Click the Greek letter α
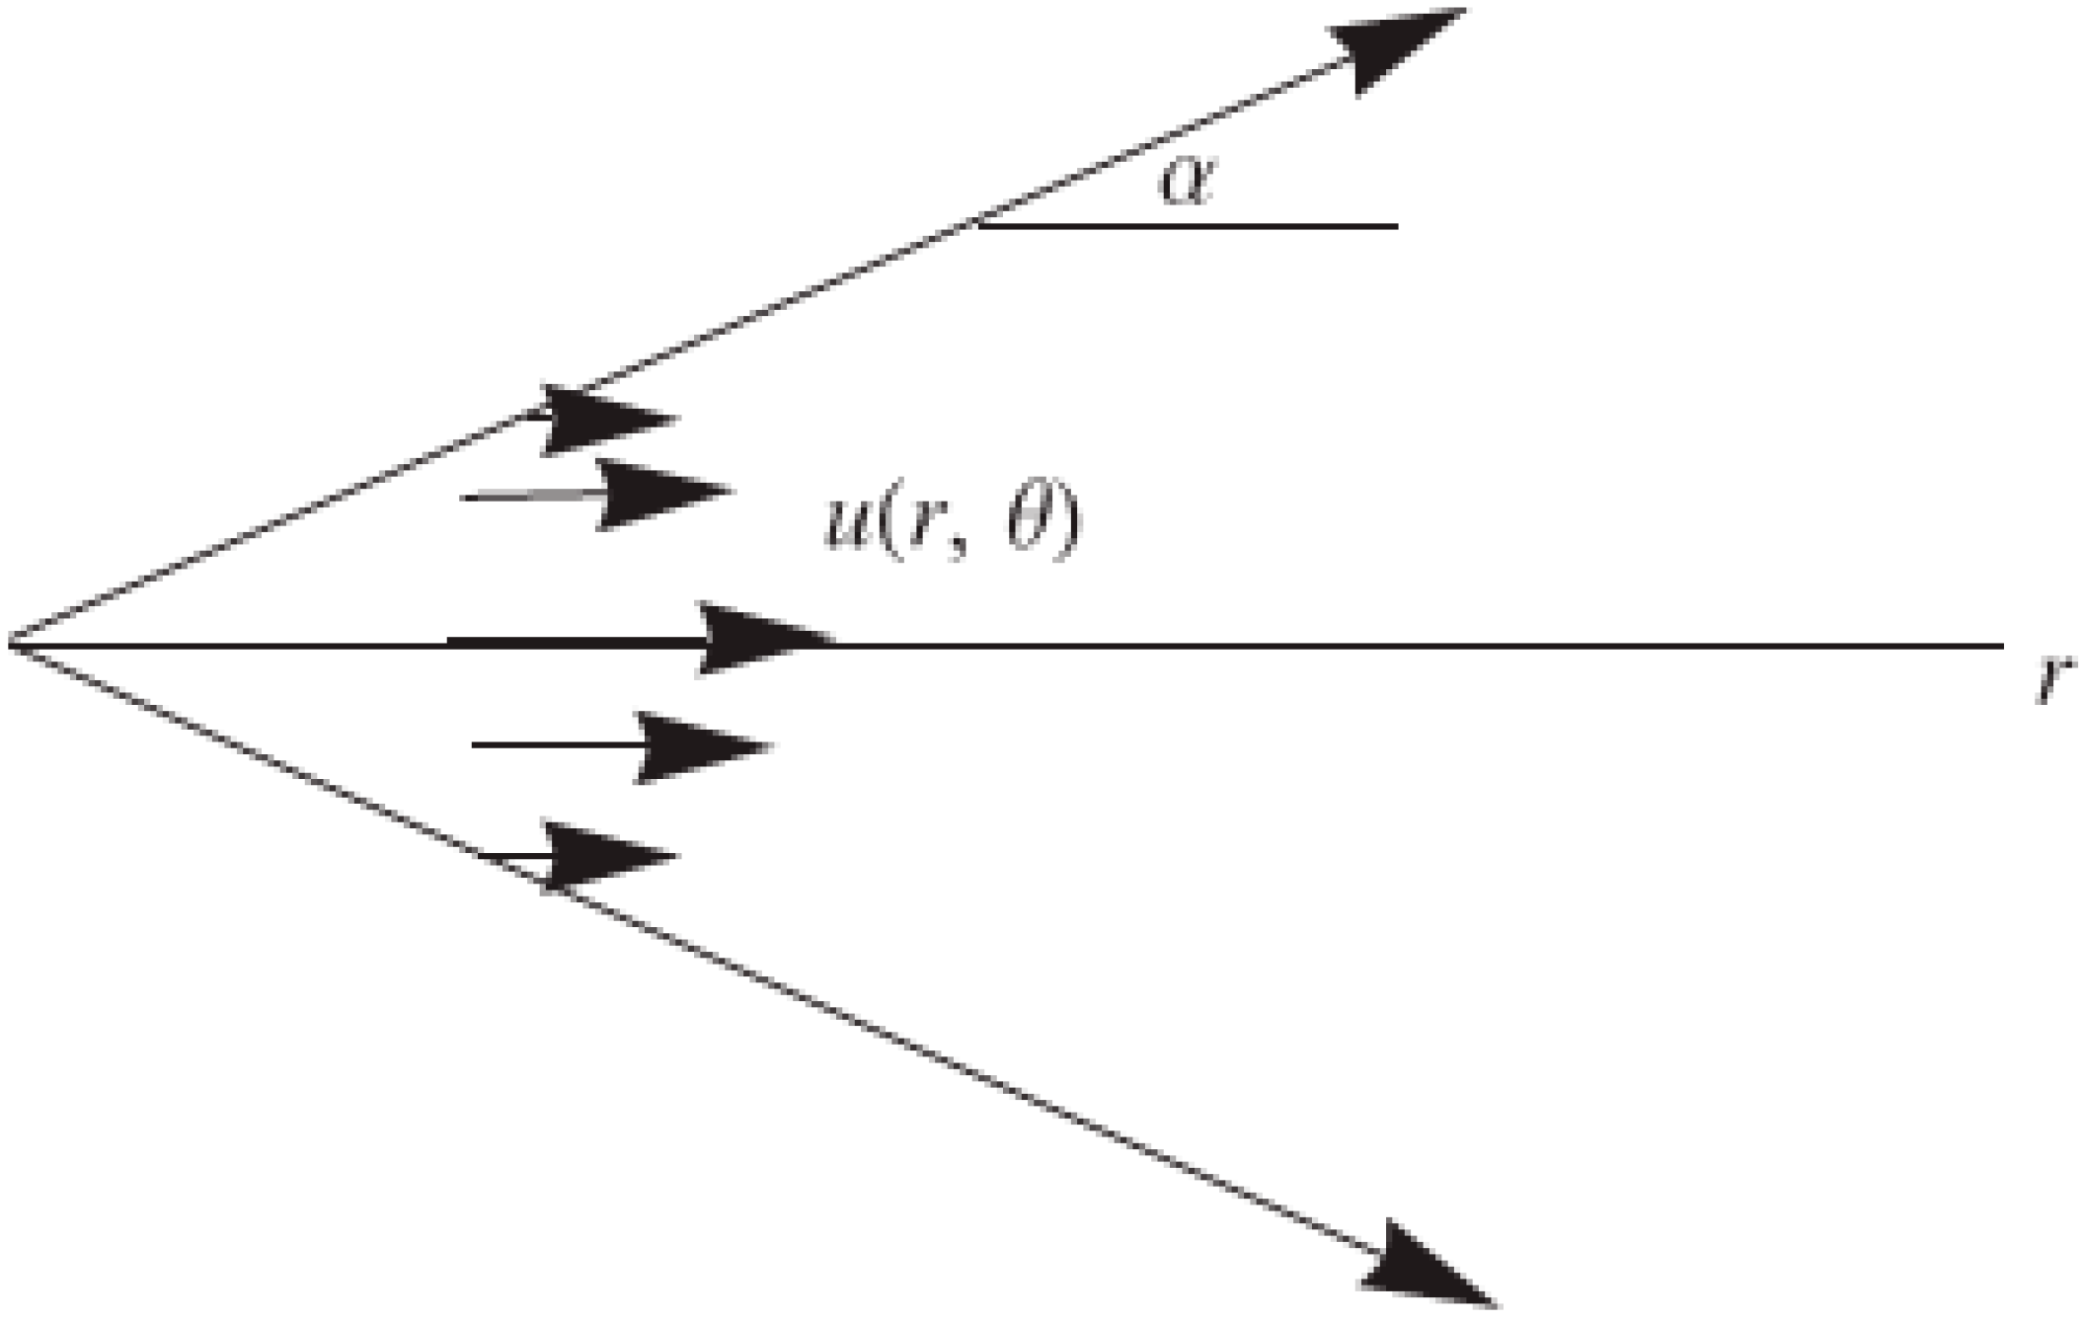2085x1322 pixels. click(x=1186, y=183)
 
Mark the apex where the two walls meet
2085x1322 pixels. click(x=10, y=645)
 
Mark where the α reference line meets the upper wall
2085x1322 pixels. click(x=977, y=226)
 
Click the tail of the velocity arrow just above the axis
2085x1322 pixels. click(x=464, y=498)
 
